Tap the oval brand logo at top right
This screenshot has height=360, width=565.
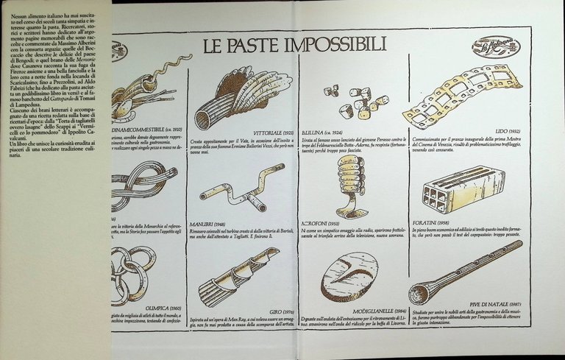pos(496,48)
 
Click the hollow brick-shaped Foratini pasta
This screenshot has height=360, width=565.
pos(462,188)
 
